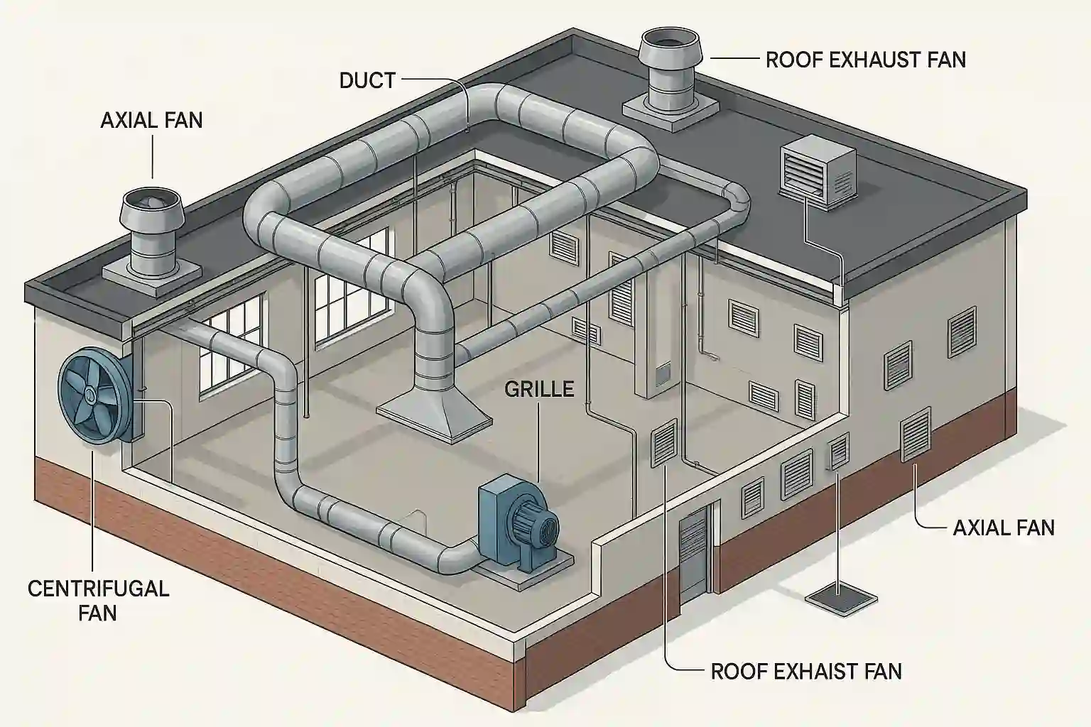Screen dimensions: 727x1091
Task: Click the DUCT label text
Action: point(367,80)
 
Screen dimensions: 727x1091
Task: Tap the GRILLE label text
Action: point(539,388)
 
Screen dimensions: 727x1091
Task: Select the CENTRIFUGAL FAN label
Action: point(98,600)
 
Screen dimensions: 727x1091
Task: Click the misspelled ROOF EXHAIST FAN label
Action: point(805,671)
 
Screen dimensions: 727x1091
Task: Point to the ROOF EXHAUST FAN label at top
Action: point(865,59)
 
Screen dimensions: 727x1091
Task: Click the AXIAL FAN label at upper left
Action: point(151,119)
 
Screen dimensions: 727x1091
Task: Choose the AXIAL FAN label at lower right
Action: point(1003,528)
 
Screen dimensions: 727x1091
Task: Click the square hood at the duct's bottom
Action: point(434,416)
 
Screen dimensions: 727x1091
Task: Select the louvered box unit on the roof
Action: point(817,168)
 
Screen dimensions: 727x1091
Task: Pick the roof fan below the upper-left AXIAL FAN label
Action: point(151,227)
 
